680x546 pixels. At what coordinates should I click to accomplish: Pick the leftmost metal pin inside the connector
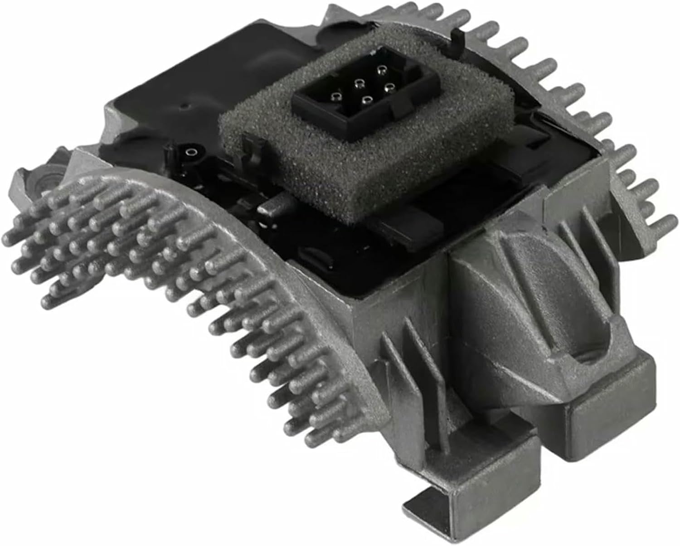coord(335,96)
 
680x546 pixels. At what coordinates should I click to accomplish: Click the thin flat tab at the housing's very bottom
coord(426,503)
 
